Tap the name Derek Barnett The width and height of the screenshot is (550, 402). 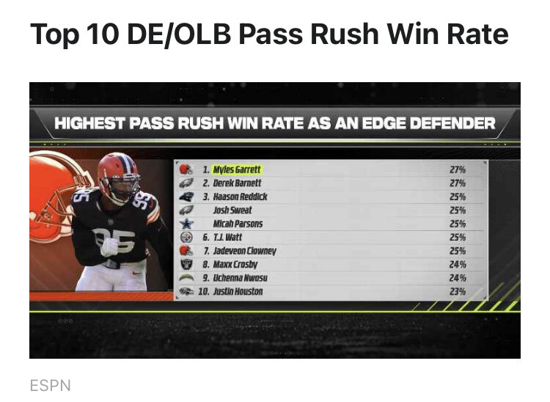[233, 183]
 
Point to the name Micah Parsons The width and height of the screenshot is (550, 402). [238, 224]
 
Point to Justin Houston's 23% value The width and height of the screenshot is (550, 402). [458, 291]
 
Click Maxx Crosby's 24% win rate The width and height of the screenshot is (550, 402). [458, 264]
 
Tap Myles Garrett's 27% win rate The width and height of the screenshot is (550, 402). [458, 169]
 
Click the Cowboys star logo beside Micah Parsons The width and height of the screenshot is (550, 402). [186, 224]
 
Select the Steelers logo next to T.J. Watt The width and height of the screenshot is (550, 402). [186, 238]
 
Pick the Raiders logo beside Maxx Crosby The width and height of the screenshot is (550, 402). [186, 264]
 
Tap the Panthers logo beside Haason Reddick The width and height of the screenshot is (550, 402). [186, 197]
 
